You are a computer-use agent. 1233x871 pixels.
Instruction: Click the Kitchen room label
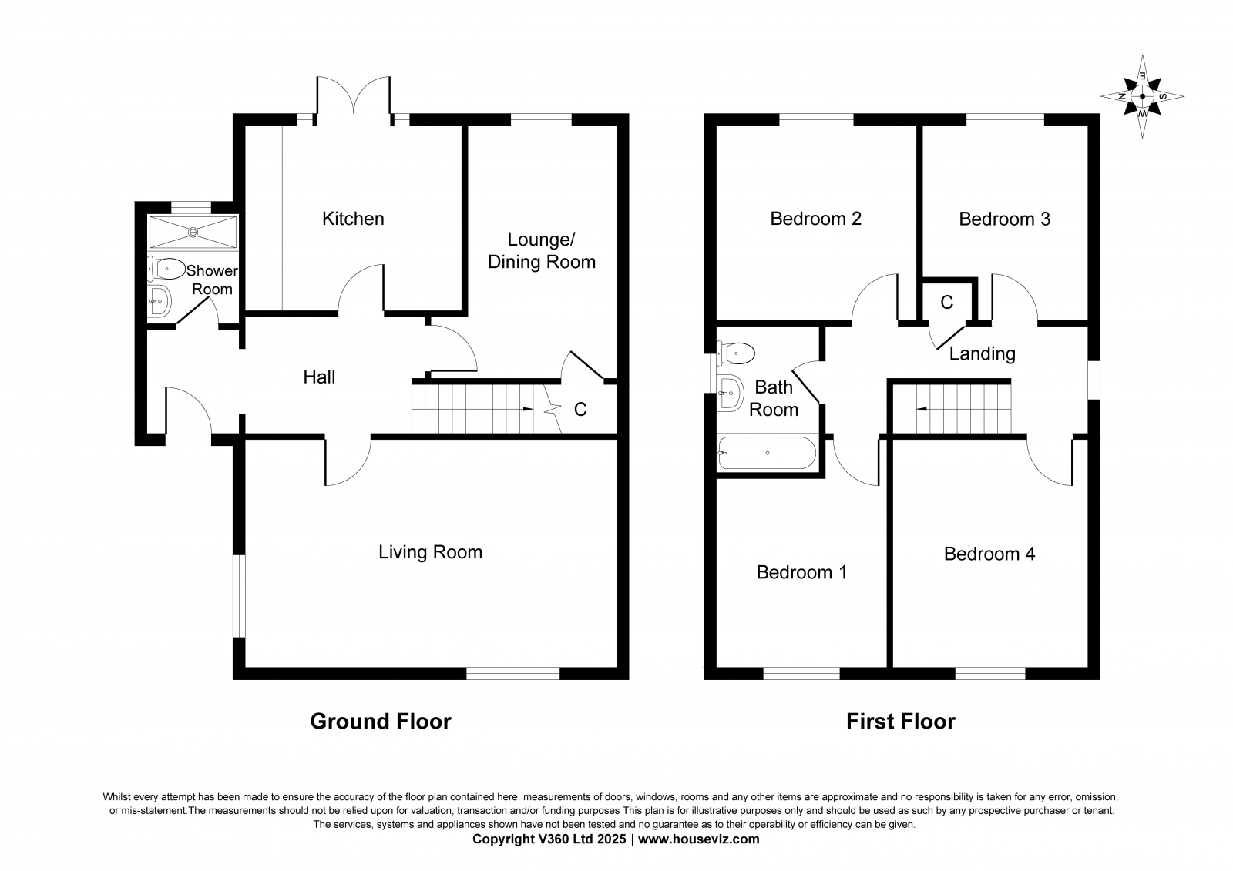tap(353, 219)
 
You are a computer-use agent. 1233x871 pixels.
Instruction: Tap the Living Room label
tap(430, 552)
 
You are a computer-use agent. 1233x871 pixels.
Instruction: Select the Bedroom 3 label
tap(1005, 219)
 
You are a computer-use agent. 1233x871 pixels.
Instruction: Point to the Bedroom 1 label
tap(801, 572)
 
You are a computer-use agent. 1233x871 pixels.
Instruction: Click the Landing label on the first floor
tap(982, 353)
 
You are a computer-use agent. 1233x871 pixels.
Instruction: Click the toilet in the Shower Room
tap(166, 269)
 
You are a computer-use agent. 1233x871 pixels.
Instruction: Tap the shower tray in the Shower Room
tap(193, 233)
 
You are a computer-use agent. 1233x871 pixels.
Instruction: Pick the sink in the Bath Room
tap(731, 393)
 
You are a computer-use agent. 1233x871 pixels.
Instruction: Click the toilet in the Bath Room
tap(735, 353)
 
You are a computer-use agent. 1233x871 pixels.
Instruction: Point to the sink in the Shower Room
tap(160, 301)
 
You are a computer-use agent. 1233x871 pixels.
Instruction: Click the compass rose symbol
tap(1142, 97)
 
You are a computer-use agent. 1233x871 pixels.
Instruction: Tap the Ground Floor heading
tap(381, 722)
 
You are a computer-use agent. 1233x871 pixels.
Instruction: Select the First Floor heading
tap(901, 722)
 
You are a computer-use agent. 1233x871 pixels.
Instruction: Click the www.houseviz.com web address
tap(698, 839)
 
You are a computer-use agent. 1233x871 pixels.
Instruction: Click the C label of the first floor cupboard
tap(947, 302)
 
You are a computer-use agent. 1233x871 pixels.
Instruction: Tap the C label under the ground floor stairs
tap(580, 410)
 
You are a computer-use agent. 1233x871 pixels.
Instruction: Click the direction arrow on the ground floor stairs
tap(527, 410)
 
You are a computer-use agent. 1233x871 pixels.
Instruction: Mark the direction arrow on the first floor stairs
tap(921, 410)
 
